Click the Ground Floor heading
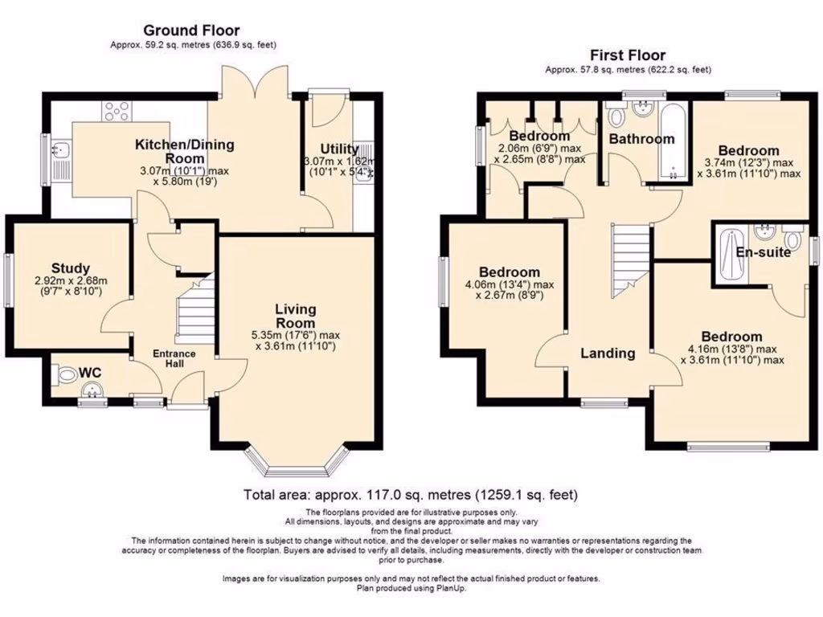(191, 31)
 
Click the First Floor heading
(628, 55)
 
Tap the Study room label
(71, 268)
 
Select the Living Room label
(295, 316)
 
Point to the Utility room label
(339, 149)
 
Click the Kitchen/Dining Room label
(184, 151)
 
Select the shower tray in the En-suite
(731, 255)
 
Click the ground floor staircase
(194, 310)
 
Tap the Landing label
(608, 353)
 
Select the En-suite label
(764, 252)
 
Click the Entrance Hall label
(175, 358)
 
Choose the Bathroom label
(641, 139)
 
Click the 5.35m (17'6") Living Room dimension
(295, 335)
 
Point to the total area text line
(410, 495)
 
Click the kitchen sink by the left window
(61, 152)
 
